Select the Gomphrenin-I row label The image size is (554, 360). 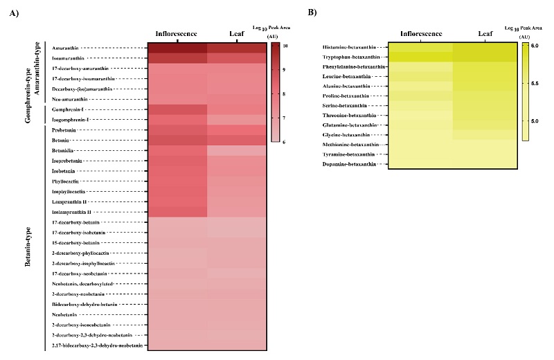tap(67, 110)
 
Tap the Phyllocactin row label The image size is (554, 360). tap(65, 181)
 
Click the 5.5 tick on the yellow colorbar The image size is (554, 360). tap(535, 83)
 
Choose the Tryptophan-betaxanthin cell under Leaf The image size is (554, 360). tap(485, 57)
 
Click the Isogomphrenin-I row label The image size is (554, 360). tap(69, 120)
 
